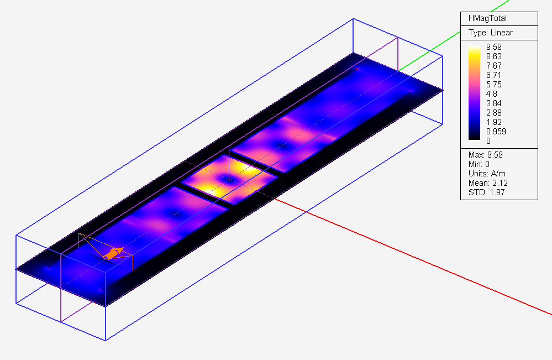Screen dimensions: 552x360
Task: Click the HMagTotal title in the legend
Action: click(487, 18)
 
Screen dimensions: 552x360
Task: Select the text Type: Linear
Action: click(491, 33)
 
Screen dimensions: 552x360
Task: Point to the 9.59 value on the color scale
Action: click(493, 47)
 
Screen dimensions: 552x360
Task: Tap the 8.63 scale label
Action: click(493, 56)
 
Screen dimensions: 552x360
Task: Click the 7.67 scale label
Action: click(493, 66)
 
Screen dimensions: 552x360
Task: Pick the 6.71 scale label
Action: click(493, 75)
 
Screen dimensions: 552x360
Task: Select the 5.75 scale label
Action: click(493, 85)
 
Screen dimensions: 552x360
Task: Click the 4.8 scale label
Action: click(491, 94)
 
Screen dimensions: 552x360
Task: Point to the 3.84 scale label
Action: click(493, 103)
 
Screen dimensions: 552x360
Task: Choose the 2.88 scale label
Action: click(493, 113)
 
